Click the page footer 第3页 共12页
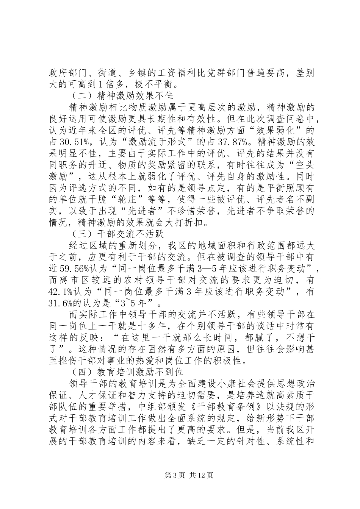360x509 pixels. (180, 475)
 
